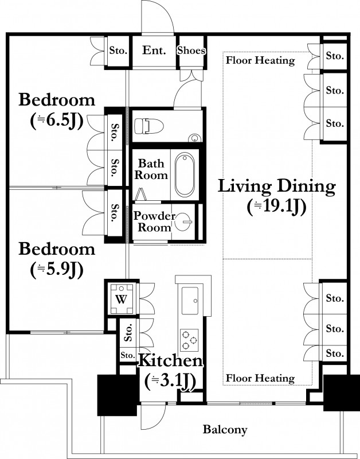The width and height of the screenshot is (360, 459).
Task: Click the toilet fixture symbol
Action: [x=148, y=126]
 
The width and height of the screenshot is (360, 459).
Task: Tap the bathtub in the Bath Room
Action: [x=185, y=174]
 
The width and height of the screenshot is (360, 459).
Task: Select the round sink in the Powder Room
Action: [x=183, y=222]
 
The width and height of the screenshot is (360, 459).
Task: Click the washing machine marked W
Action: [x=121, y=298]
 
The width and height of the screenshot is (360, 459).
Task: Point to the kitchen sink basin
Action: [x=190, y=301]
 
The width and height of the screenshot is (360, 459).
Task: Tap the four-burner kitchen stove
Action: [x=189, y=340]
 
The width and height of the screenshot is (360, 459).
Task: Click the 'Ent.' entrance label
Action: [x=154, y=50]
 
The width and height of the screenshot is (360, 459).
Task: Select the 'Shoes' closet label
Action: [x=191, y=50]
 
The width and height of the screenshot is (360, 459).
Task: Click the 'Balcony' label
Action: [x=225, y=430]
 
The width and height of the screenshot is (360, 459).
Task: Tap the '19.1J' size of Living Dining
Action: [x=277, y=207]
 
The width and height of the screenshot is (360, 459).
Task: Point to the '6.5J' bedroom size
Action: [x=56, y=120]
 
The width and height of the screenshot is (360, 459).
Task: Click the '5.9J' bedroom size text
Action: [x=56, y=270]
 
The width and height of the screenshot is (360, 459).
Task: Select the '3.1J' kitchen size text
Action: [x=170, y=382]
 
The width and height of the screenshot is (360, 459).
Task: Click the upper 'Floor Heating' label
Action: [x=260, y=61]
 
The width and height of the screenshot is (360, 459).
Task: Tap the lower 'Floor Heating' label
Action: [x=260, y=378]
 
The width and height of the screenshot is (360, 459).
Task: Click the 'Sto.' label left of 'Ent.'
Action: [x=119, y=50]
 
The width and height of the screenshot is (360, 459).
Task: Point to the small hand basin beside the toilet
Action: [x=194, y=138]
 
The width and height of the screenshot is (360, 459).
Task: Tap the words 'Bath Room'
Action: [x=151, y=169]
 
